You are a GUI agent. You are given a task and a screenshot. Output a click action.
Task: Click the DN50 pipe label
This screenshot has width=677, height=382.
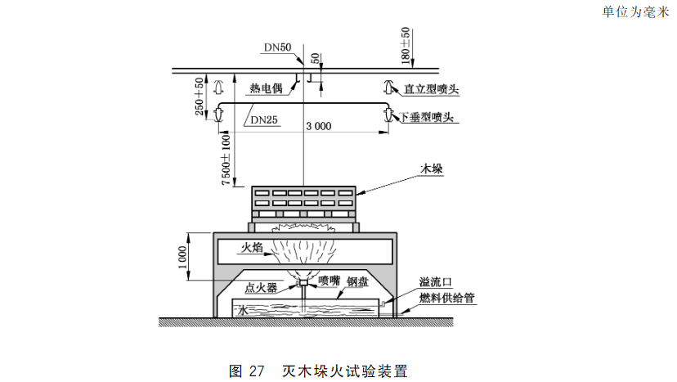276,47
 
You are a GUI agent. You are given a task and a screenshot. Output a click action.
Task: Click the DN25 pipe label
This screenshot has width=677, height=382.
263,120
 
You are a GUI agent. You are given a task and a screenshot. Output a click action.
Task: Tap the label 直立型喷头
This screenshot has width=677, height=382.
432,87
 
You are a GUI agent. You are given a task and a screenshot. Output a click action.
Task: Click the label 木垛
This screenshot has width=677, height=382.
431,168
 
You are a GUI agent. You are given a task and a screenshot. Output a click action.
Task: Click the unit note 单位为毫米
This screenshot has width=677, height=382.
635,11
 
